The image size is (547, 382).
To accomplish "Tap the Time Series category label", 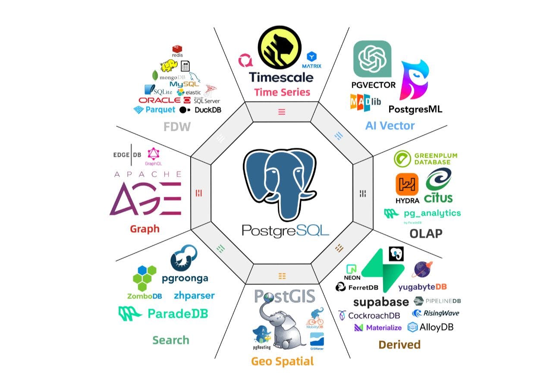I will click(282, 92).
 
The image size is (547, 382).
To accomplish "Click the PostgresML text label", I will click(415, 108).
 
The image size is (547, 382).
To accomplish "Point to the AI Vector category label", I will click(390, 126).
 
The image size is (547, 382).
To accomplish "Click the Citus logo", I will click(438, 186).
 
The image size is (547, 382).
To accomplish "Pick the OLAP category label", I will click(426, 234).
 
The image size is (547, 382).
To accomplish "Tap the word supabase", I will click(381, 301).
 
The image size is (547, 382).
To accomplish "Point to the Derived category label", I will click(399, 344).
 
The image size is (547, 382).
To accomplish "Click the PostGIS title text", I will click(284, 296).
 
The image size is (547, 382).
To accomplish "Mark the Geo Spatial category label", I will click(282, 361).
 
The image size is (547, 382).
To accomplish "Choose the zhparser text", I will click(194, 296).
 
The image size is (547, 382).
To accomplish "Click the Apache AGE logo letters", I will click(145, 198).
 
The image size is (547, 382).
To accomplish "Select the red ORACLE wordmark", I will click(160, 100).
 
